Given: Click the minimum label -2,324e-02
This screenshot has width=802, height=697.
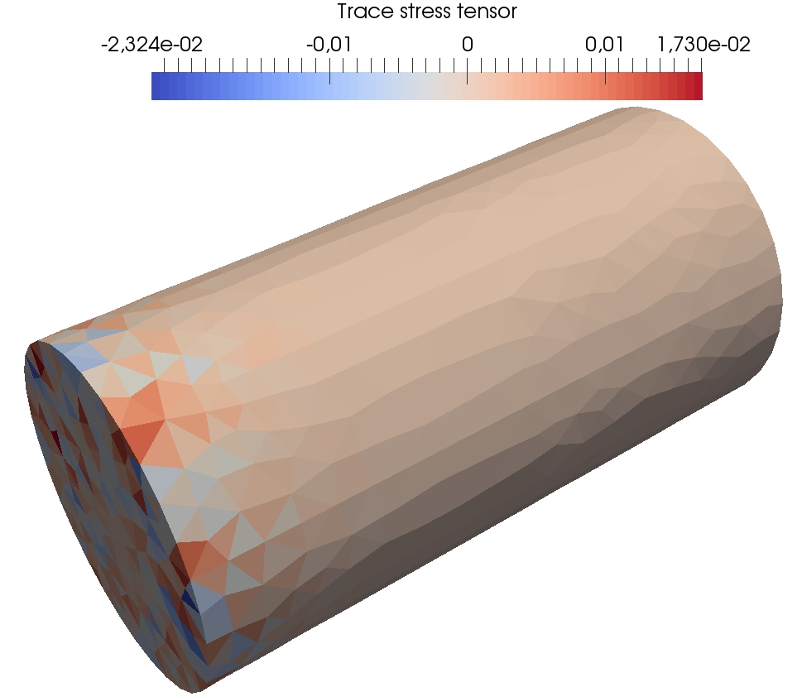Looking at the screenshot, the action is (x=152, y=45).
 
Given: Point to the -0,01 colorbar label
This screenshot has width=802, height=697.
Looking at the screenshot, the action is (x=329, y=45).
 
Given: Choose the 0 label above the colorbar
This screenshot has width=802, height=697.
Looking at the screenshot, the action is (x=467, y=45).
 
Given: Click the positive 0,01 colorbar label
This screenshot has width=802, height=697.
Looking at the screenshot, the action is (x=604, y=45).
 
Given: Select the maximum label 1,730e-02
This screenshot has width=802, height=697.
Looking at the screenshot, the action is (x=704, y=45).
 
